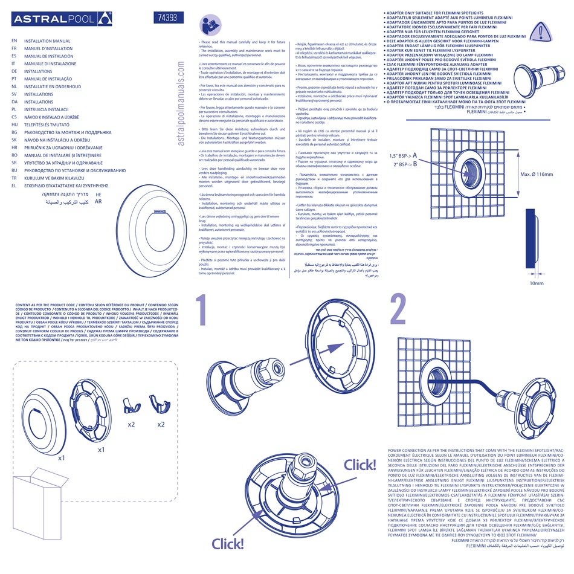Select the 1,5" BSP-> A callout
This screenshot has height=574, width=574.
coord(400,156)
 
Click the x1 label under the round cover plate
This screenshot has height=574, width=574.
coord(62,458)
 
